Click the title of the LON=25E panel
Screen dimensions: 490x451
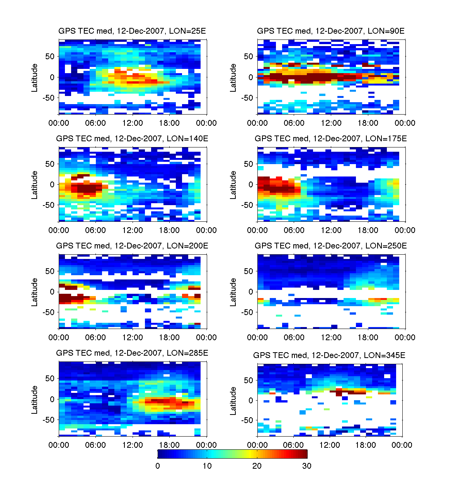(132, 31)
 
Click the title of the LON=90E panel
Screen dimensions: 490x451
(331, 31)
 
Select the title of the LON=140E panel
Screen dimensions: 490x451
(132, 139)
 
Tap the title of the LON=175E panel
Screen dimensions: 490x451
(331, 139)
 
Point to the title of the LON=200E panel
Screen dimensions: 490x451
(132, 246)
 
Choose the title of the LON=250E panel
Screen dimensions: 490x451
(331, 246)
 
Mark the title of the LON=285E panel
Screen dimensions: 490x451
(132, 353)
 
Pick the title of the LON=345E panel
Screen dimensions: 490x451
(329, 355)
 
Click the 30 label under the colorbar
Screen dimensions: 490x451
(306, 466)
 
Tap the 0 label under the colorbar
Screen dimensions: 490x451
(158, 466)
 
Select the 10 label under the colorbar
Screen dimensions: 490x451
(207, 466)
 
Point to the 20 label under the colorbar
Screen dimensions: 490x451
(257, 466)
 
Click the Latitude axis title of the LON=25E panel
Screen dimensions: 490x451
(35, 78)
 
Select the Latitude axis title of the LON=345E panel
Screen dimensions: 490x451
(233, 401)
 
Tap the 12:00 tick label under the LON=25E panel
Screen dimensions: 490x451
(133, 123)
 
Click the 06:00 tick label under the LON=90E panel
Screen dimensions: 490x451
(294, 123)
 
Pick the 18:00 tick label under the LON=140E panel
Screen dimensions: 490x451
(169, 230)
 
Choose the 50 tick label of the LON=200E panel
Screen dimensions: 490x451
(50, 271)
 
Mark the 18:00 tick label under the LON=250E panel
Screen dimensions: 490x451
(368, 338)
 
